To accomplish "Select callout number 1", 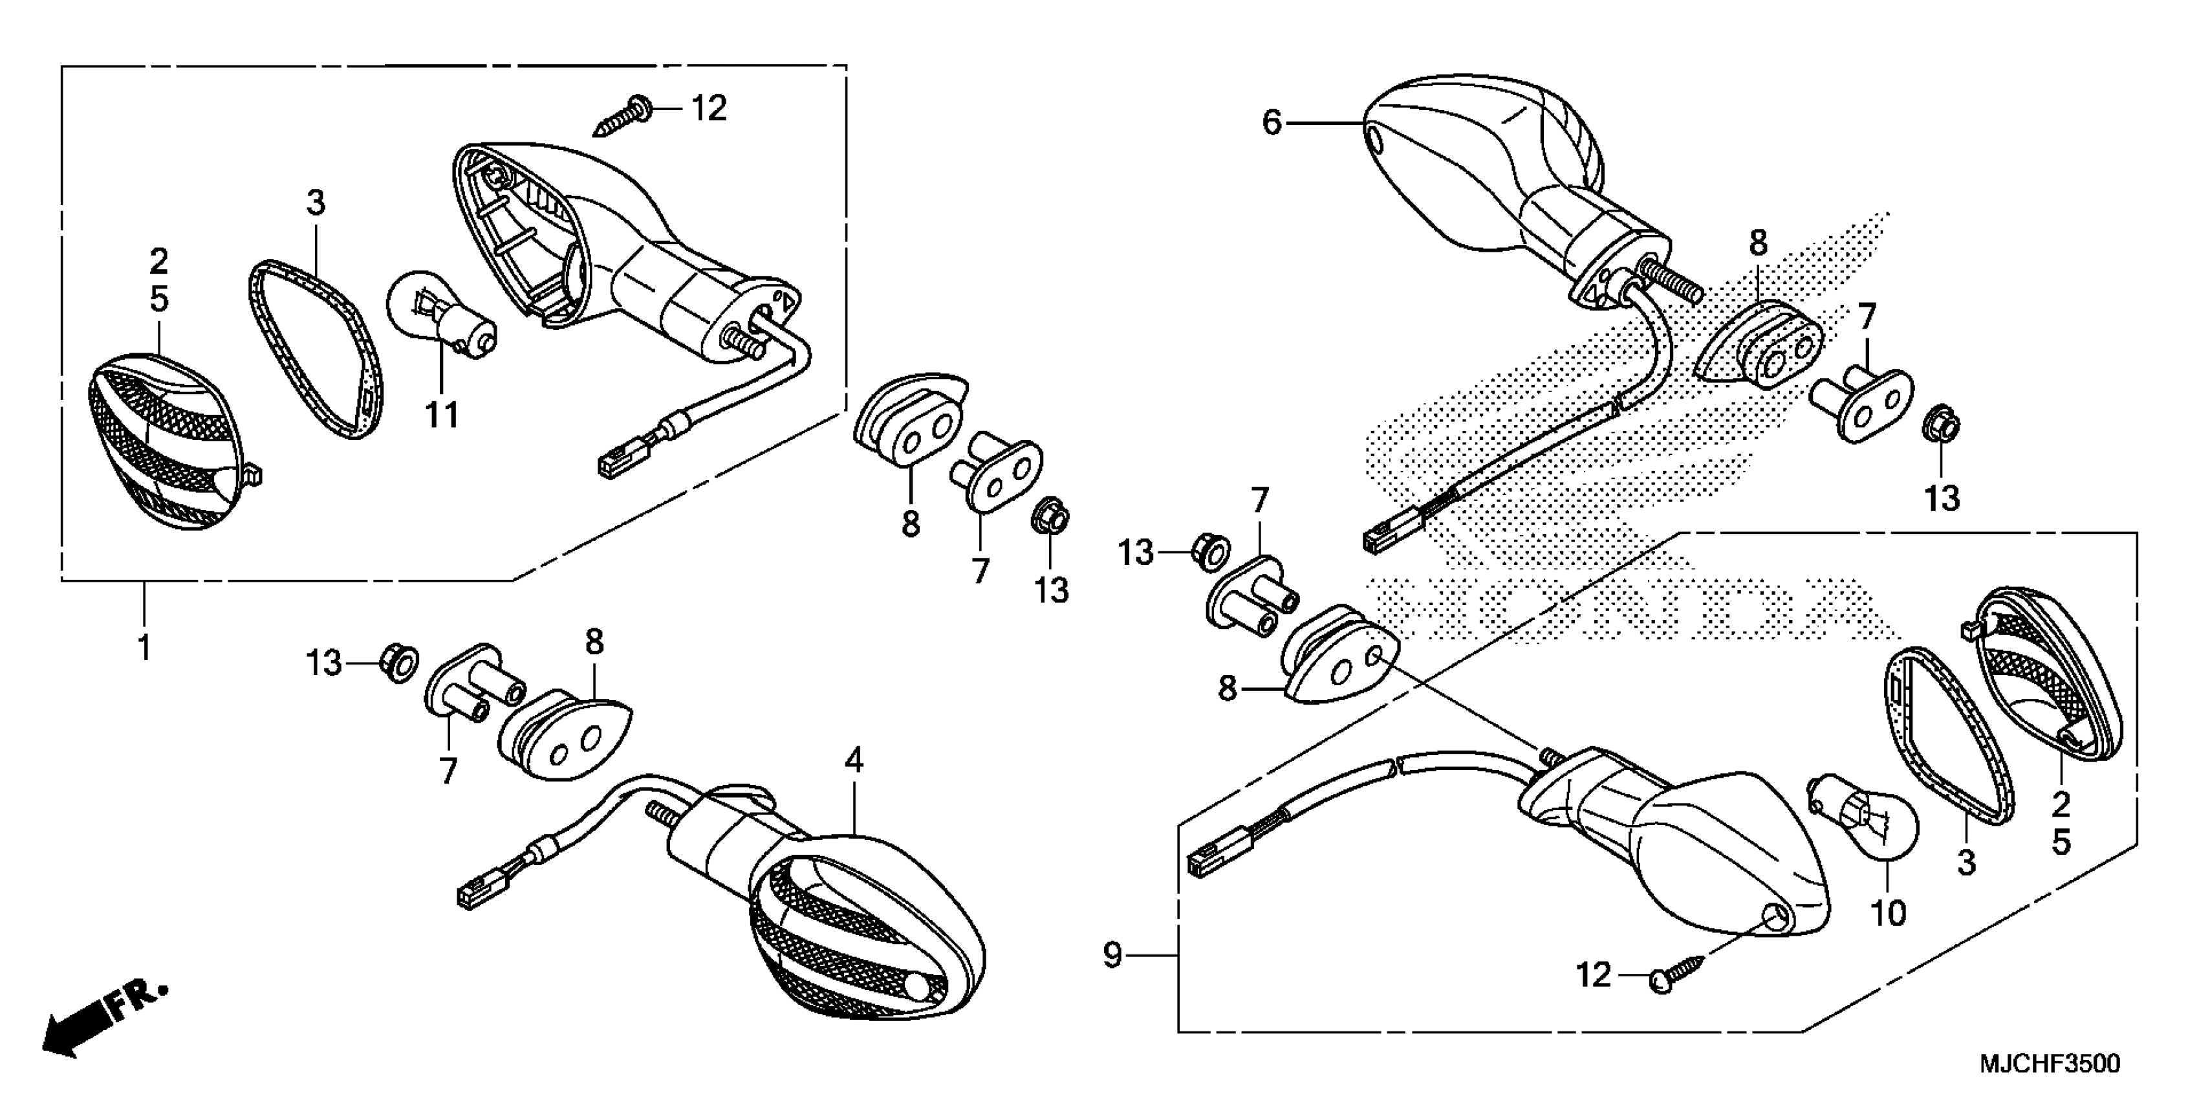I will (x=145, y=647).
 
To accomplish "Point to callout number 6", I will (x=1272, y=124).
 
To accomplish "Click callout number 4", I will (x=854, y=759).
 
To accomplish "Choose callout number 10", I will (x=1889, y=913).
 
